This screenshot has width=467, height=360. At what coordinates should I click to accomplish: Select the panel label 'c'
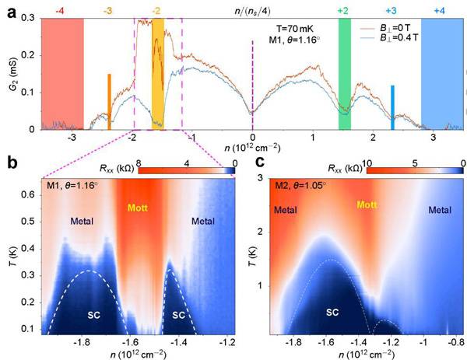249,163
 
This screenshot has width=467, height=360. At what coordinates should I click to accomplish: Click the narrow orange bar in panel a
109,101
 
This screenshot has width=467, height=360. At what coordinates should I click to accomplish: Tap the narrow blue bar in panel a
392,107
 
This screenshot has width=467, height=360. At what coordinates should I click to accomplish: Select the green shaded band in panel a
344,74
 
